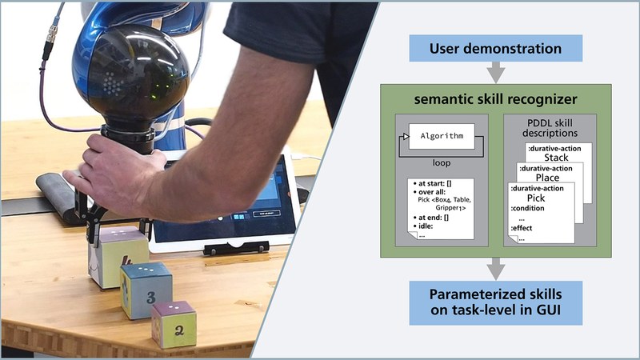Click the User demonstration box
(x=495, y=50)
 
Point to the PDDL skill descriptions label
(x=547, y=127)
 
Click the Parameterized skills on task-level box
(x=495, y=302)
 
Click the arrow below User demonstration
(x=495, y=74)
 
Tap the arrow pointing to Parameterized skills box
(x=495, y=268)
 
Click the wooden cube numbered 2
(x=174, y=324)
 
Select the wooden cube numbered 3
(x=146, y=290)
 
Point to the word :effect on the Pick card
(x=524, y=227)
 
